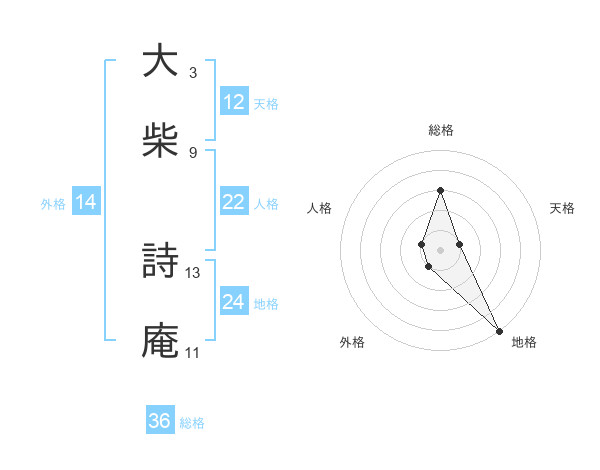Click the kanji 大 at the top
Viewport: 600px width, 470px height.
(x=159, y=62)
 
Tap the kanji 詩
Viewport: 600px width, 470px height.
(x=159, y=262)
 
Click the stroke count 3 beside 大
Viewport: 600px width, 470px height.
(x=192, y=72)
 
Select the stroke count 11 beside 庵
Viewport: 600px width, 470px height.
(x=192, y=352)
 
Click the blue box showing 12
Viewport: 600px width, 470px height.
(x=234, y=102)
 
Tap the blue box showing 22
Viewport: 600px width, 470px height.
(x=234, y=202)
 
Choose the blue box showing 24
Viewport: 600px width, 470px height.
(x=234, y=302)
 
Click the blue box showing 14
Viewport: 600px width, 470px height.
(x=86, y=202)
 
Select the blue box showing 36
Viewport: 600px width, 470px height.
(x=160, y=421)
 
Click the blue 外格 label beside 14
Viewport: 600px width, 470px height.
(x=53, y=203)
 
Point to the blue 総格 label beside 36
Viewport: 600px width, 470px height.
(x=192, y=422)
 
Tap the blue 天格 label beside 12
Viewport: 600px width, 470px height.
(x=266, y=103)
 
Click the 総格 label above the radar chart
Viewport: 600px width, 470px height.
(x=441, y=130)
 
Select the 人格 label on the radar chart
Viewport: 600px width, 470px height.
(x=320, y=208)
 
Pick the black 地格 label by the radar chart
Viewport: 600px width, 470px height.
(x=524, y=342)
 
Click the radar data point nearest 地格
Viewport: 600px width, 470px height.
(x=498, y=330)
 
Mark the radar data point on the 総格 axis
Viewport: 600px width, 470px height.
(x=440, y=190)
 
